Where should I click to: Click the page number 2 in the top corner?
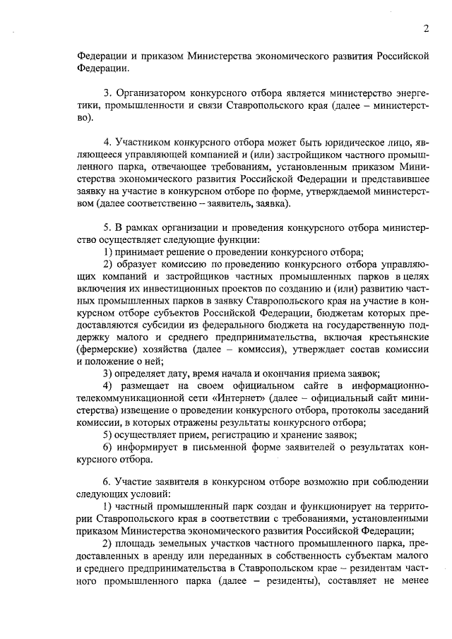tap(426, 29)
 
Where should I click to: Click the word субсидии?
tap(167, 325)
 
